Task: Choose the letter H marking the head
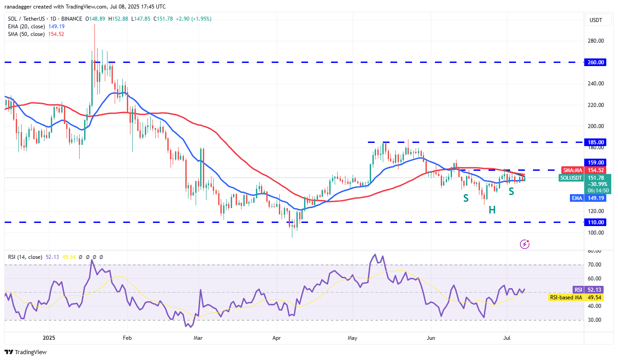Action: tap(493, 209)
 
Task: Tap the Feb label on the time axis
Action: tap(127, 337)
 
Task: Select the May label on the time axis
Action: tap(352, 337)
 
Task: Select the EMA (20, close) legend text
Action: tap(25, 27)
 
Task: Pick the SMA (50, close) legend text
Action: tap(25, 34)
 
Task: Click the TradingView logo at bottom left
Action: tap(26, 352)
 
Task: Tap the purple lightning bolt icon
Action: tap(524, 244)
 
